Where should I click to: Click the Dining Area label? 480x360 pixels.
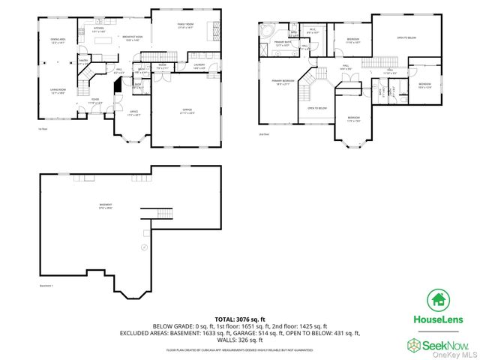point(57,40)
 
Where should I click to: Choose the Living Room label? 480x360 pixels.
point(57,91)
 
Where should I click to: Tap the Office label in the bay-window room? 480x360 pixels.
point(133,112)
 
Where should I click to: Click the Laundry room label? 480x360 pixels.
point(199,66)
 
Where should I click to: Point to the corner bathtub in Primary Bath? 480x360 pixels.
point(266,31)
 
